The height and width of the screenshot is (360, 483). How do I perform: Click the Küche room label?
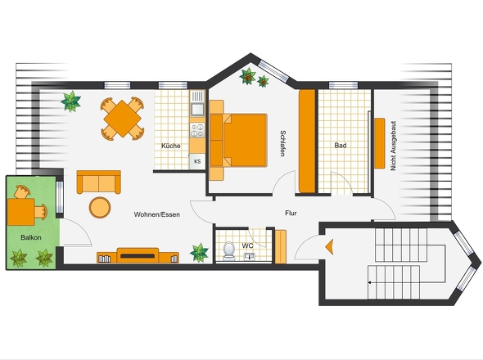click(x=171, y=146)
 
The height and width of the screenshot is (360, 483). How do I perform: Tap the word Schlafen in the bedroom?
click(x=282, y=143)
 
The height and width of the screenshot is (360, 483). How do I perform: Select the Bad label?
click(x=341, y=145)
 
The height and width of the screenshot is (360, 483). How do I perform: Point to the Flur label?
click(x=291, y=213)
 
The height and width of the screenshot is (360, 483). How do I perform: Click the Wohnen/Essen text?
click(x=157, y=214)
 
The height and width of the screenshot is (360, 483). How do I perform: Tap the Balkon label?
click(x=31, y=237)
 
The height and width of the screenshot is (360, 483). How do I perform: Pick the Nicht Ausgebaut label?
click(x=393, y=146)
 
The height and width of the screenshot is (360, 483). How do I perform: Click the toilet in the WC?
click(x=228, y=251)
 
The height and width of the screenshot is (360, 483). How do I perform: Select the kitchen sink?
click(x=197, y=109)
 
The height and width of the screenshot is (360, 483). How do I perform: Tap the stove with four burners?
click(x=197, y=130)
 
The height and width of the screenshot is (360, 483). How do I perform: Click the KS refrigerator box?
click(x=197, y=161)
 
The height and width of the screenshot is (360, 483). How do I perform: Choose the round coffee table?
click(x=100, y=207)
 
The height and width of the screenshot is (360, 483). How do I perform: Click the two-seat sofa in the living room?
click(x=98, y=182)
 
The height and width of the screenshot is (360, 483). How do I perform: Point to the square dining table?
click(x=122, y=119)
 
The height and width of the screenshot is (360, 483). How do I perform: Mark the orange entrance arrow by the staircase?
click(x=329, y=246)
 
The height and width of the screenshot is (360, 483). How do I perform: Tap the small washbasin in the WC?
click(x=249, y=256)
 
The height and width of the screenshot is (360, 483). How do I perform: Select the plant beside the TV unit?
click(x=199, y=253)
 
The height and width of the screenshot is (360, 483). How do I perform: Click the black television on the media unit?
click(x=138, y=256)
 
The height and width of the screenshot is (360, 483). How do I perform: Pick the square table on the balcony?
click(x=21, y=212)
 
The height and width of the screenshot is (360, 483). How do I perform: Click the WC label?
click(x=248, y=245)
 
